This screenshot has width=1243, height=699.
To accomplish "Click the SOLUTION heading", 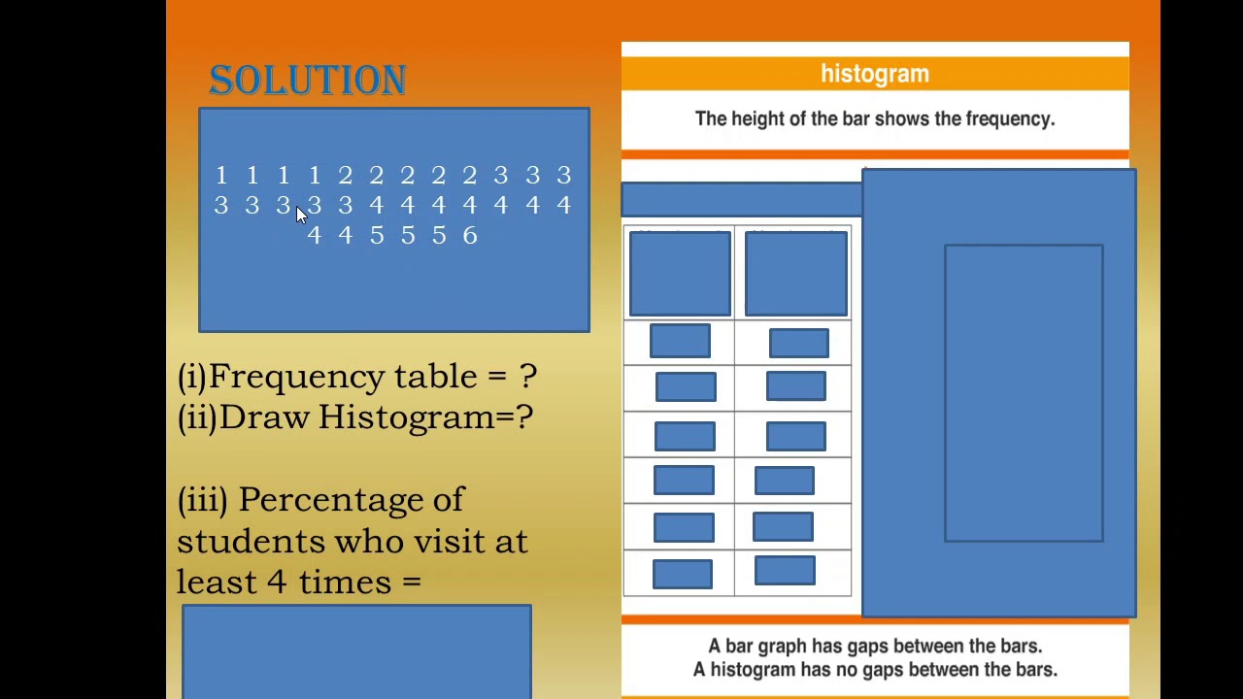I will coord(307,80).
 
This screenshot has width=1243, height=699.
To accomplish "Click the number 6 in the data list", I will coord(470,236).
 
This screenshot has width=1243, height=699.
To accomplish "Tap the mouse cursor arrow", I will coord(300,216).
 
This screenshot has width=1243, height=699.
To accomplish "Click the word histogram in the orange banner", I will coord(874,74).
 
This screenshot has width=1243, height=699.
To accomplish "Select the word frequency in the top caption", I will coord(1009,118).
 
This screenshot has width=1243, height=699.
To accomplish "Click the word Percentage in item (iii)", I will coord(351,500).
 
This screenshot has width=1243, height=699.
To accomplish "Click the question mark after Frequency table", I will coord(527,377).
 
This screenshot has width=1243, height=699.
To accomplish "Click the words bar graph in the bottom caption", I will coord(762,647).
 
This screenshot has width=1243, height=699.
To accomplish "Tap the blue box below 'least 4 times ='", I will coord(356,650).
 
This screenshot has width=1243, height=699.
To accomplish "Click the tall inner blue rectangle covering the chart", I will coord(1024,392).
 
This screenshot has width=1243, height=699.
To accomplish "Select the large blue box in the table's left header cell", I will coord(680,274).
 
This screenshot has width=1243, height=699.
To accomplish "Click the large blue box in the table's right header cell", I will coord(795,274).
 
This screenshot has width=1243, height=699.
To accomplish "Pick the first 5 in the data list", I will coord(377,236).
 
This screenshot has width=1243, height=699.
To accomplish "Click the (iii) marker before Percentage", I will coord(202,500).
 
